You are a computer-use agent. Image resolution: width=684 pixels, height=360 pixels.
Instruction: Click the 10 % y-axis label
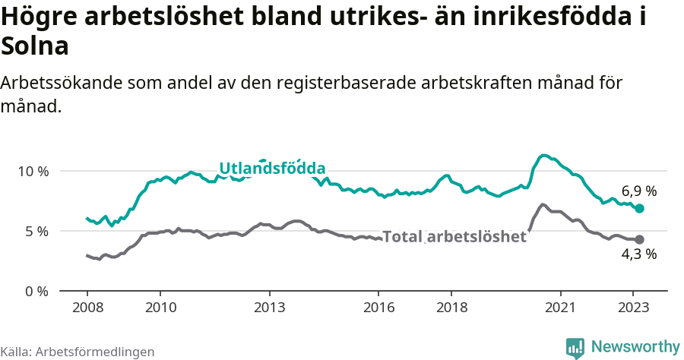pos(33,171)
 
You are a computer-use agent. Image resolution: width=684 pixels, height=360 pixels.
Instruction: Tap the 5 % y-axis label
pos(36,231)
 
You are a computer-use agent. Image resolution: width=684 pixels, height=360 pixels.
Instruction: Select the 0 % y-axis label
pos(36,291)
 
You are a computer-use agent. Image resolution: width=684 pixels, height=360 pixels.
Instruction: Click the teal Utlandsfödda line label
pos(272,169)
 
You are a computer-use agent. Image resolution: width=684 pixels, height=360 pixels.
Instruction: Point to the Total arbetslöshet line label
pos(454,237)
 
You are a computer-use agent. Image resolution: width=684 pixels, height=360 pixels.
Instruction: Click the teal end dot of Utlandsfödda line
pos(639,208)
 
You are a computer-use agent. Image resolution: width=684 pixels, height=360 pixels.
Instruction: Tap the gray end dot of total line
pos(639,239)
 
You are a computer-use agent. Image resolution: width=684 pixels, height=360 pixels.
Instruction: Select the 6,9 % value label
pos(638,191)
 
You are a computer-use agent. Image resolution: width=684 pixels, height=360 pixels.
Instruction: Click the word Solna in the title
pos(36,46)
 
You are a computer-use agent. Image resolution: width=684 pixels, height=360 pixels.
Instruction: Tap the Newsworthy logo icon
pos(575,348)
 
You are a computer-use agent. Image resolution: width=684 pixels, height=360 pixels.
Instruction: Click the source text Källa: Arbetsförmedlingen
pos(78,352)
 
